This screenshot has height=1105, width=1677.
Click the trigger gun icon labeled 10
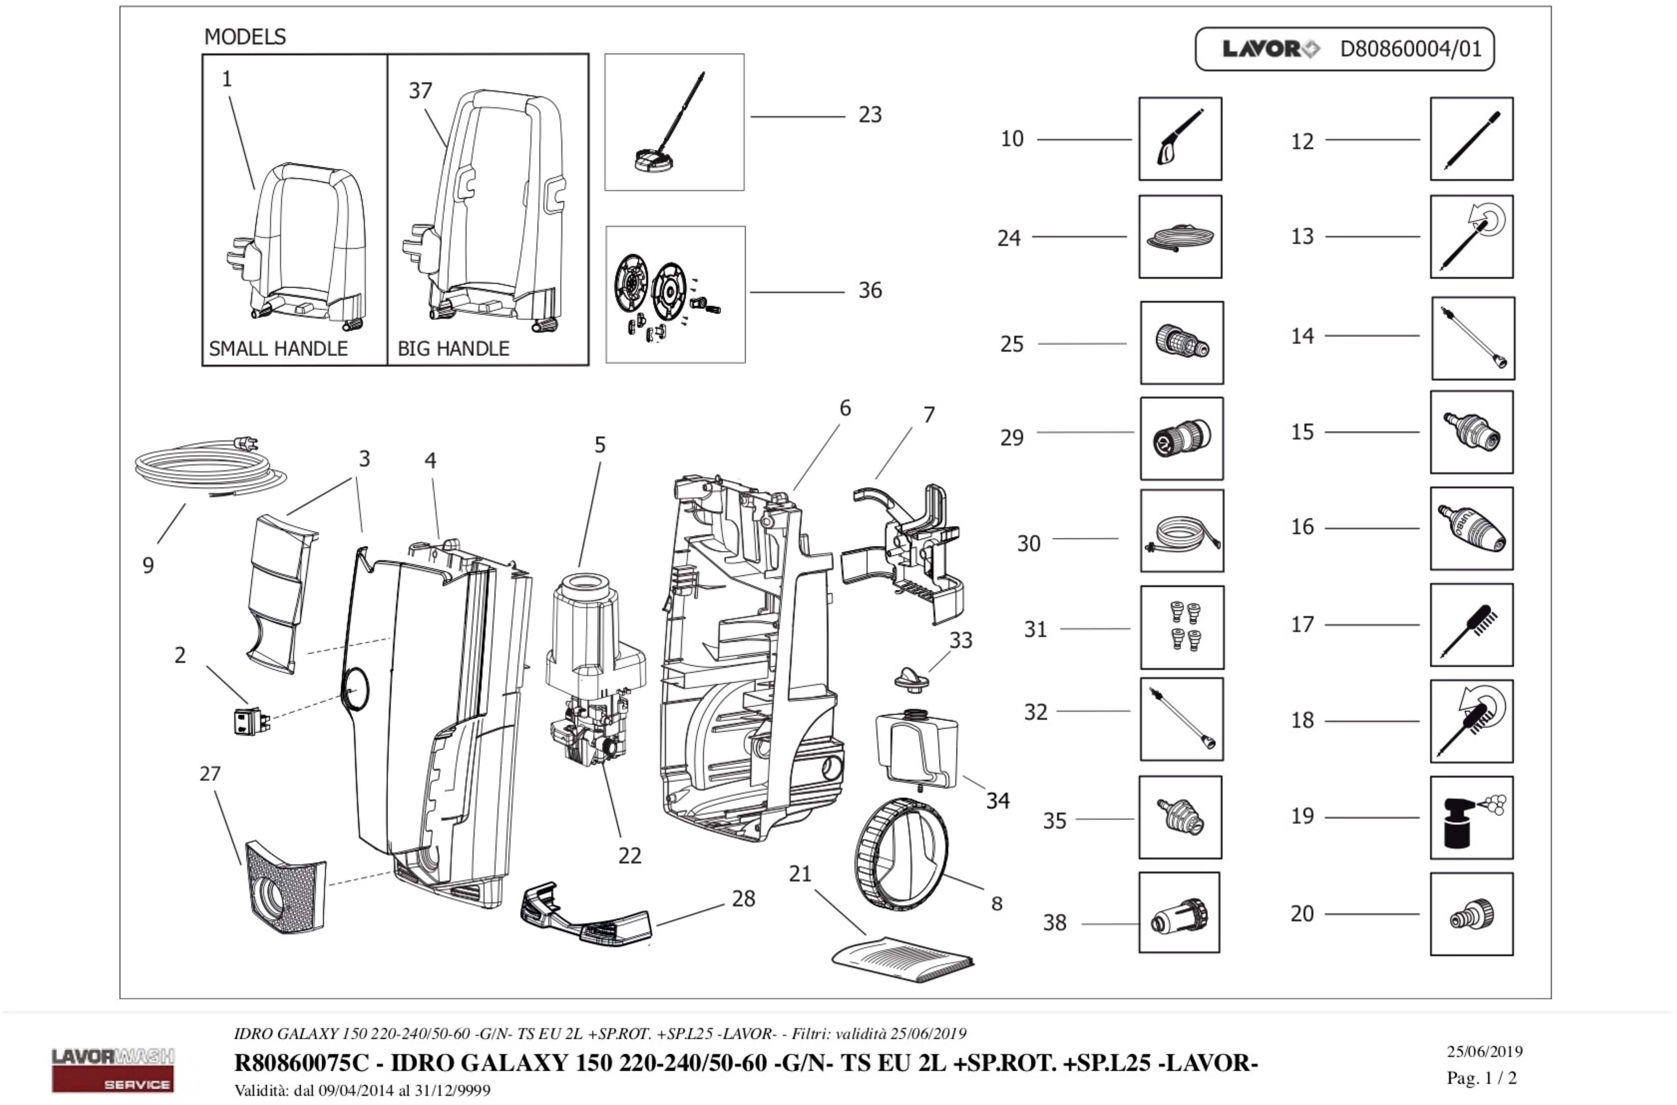1180,139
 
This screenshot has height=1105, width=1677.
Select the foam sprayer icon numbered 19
1471,817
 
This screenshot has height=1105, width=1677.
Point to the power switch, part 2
251,720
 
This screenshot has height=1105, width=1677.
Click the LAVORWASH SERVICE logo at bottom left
113,1069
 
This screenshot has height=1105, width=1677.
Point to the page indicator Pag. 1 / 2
1481,1078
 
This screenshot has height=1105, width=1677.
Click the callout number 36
869,290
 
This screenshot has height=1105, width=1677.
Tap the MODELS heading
244,36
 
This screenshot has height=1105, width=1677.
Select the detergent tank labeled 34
916,750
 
